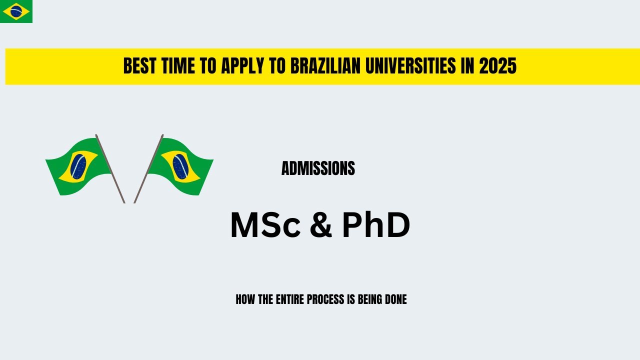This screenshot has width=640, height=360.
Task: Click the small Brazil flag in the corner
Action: (x=16, y=11)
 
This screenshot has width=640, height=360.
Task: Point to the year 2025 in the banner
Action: (x=497, y=66)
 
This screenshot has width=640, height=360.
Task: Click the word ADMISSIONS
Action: (x=318, y=168)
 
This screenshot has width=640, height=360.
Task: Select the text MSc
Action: (x=265, y=225)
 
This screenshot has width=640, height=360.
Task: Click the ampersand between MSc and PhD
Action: (x=320, y=225)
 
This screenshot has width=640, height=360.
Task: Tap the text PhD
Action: (x=376, y=225)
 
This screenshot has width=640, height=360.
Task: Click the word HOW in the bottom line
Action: (x=245, y=299)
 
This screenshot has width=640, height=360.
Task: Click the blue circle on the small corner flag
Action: (x=16, y=11)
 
